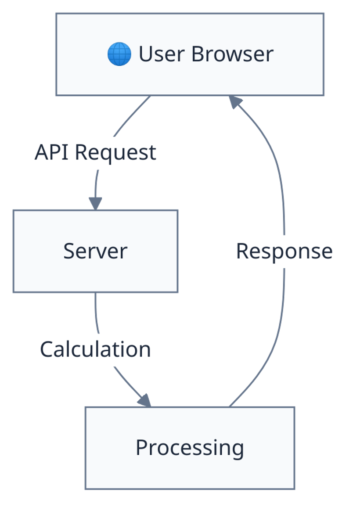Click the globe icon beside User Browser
click(x=119, y=54)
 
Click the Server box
click(x=95, y=251)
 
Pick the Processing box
click(x=190, y=448)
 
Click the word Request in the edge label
click(x=115, y=153)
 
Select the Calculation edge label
click(x=95, y=350)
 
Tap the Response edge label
click(x=284, y=252)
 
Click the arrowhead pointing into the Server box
click(x=95, y=204)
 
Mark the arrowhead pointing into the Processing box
click(x=144, y=400)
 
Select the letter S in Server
click(x=69, y=251)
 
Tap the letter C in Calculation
click(x=46, y=350)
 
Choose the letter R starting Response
click(x=242, y=252)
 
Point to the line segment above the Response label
click(x=277, y=167)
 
